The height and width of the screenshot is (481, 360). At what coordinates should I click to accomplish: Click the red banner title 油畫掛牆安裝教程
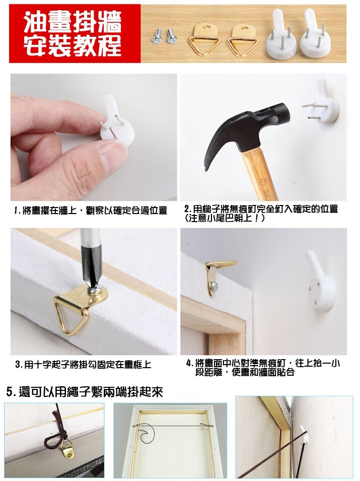[x=73, y=34]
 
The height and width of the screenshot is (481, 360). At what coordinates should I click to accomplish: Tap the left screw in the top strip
[x=157, y=36]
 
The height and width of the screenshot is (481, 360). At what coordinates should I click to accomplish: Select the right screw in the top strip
[x=171, y=35]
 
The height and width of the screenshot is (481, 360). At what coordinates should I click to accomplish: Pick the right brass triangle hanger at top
[x=243, y=40]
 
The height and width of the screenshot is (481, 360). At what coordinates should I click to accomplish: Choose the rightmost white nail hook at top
[x=314, y=34]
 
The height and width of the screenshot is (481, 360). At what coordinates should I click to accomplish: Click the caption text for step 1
[x=91, y=211]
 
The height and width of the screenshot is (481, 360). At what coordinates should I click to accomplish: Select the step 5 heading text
[x=85, y=392]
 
